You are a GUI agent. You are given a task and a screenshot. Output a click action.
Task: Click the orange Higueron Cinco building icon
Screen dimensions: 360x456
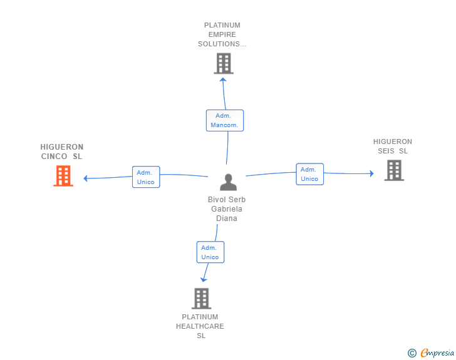(63, 176)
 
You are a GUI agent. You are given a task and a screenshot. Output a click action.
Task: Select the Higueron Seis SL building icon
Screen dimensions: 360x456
(393, 170)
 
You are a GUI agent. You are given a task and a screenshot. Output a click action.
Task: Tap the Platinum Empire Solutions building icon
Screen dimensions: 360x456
(224, 63)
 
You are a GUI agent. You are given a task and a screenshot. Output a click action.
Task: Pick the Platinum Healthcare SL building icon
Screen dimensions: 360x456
(200, 298)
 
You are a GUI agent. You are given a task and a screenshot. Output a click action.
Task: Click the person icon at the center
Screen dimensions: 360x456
(228, 182)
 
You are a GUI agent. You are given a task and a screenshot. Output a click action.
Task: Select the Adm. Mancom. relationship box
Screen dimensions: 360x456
(224, 120)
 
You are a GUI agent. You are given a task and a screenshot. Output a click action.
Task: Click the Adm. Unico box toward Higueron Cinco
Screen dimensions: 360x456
(145, 177)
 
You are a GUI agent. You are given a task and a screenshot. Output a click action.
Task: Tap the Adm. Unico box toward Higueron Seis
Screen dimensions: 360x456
(309, 174)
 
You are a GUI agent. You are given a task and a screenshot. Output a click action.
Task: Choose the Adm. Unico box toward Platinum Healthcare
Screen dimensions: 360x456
(210, 252)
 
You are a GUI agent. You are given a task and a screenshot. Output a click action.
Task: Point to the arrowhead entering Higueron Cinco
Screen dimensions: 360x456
(86, 178)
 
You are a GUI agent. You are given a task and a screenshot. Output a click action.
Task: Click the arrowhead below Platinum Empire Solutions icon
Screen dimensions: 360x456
(224, 80)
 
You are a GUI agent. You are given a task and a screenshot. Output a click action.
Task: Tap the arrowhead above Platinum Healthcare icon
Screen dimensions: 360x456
(202, 280)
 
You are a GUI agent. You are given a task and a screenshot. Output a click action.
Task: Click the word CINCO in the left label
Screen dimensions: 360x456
(54, 157)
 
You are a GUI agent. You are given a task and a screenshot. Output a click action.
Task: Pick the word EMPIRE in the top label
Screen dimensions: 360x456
(222, 34)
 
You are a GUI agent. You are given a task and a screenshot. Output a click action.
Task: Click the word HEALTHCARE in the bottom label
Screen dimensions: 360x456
(200, 326)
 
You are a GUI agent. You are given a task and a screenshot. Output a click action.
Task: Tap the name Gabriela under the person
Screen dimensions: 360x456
(227, 209)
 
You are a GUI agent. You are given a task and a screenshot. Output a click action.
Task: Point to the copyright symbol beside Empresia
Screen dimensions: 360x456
(412, 353)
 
